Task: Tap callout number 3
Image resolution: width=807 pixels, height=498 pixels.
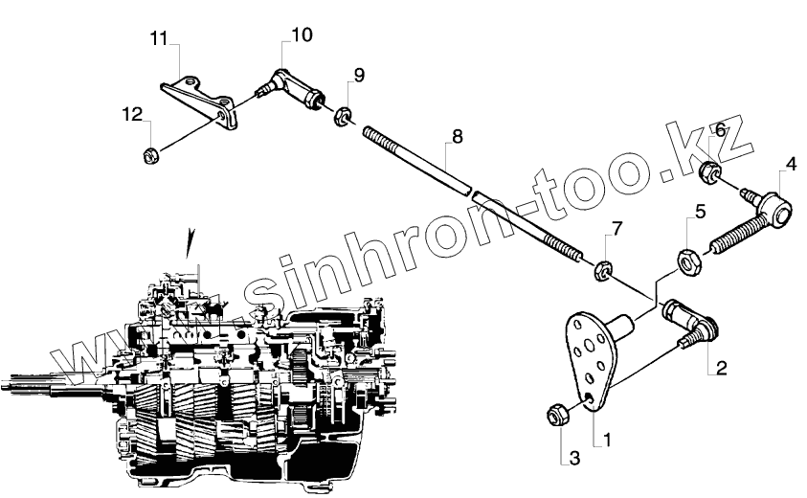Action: pyautogui.click(x=574, y=459)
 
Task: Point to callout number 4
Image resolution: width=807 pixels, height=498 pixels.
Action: pyautogui.click(x=790, y=164)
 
